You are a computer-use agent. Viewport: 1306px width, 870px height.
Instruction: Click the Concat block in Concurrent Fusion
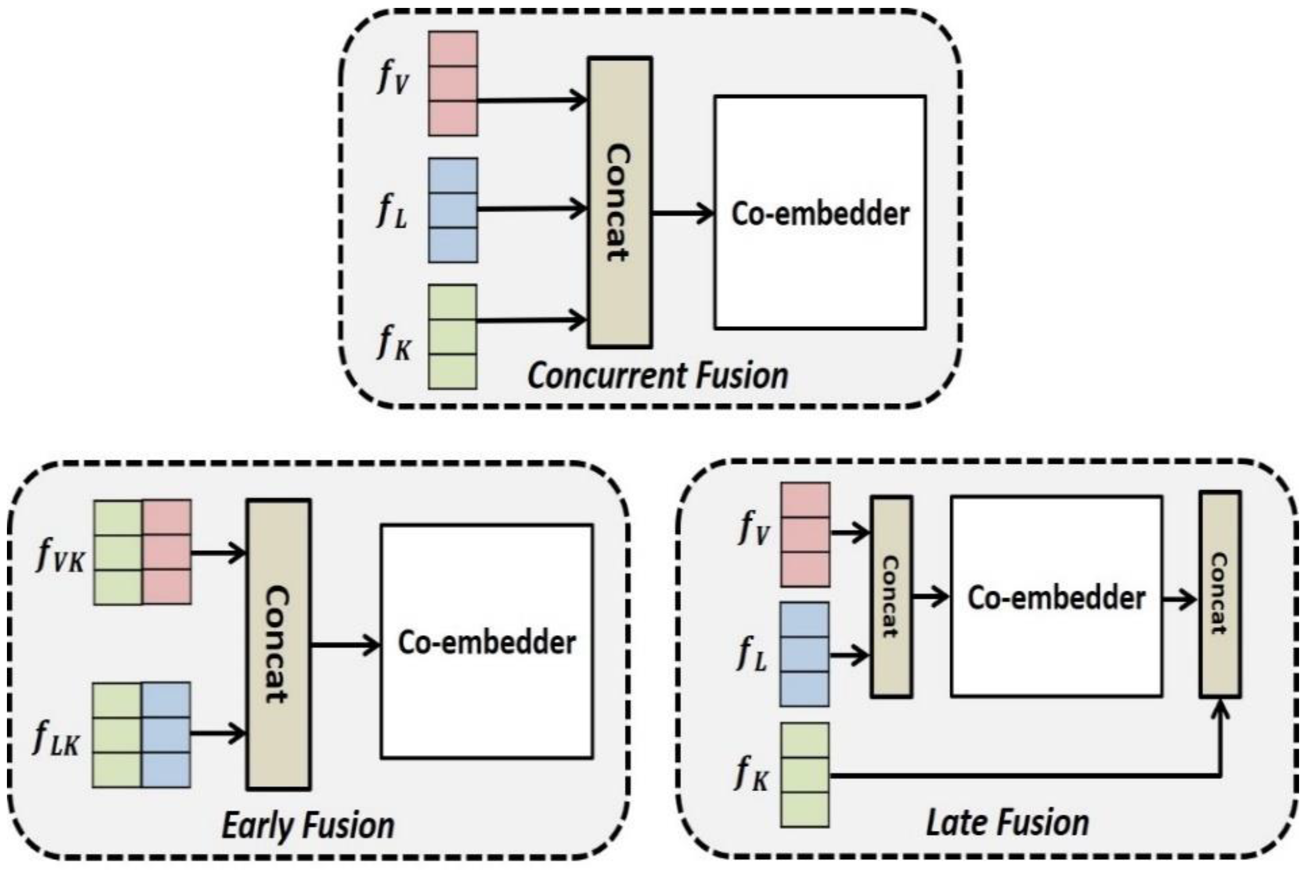(620, 203)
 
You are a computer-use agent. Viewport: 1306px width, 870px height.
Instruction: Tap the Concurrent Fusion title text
(657, 376)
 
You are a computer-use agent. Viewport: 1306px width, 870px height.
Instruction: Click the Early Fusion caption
(308, 825)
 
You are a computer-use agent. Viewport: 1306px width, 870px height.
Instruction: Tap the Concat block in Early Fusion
(278, 643)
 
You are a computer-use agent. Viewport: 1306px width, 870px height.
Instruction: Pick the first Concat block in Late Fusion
(891, 597)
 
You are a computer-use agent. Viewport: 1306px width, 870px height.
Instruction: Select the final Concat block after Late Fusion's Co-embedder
(1220, 594)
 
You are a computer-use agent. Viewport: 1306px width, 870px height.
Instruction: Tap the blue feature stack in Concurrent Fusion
(453, 210)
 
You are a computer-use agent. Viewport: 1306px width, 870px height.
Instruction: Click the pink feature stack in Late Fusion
(805, 534)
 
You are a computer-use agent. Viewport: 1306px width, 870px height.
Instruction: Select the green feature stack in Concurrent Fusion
(453, 337)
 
